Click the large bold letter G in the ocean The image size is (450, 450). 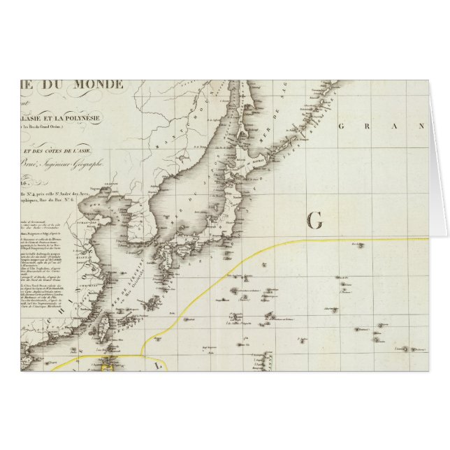(314, 222)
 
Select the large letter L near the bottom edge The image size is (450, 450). (157, 364)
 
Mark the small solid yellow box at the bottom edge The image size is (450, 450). (109, 360)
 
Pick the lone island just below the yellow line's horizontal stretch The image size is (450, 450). (358, 245)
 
